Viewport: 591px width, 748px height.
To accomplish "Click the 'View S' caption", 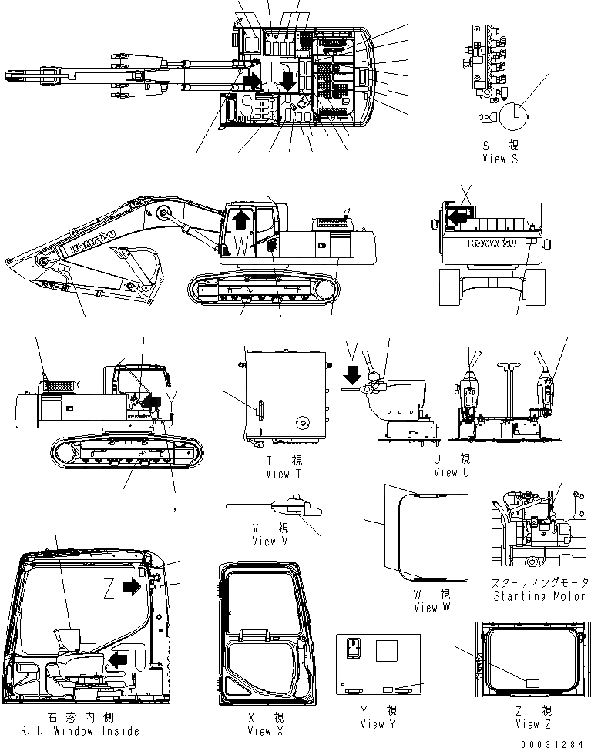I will tap(505, 159).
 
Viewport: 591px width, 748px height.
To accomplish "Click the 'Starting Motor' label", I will tap(537, 596).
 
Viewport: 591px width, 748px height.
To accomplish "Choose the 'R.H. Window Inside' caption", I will tap(73, 730).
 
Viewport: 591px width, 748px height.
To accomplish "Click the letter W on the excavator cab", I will tap(241, 247).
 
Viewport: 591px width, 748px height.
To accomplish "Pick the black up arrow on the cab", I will tap(240, 219).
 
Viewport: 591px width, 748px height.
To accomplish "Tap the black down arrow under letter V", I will tap(352, 375).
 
